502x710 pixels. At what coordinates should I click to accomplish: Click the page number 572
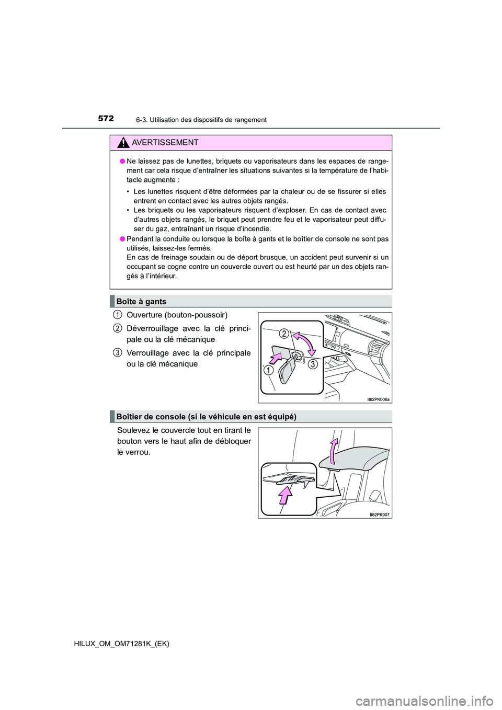[106, 119]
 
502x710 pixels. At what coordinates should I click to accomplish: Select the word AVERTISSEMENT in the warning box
[165, 143]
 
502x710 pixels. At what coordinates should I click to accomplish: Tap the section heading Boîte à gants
[141, 302]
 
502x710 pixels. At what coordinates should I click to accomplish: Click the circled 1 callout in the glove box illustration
[268, 371]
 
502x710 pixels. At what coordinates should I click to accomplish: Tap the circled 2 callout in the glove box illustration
[283, 333]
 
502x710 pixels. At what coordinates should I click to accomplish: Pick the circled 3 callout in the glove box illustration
[313, 364]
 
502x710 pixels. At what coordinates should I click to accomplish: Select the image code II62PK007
[380, 514]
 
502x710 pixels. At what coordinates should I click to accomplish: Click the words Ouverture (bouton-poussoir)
[177, 315]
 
